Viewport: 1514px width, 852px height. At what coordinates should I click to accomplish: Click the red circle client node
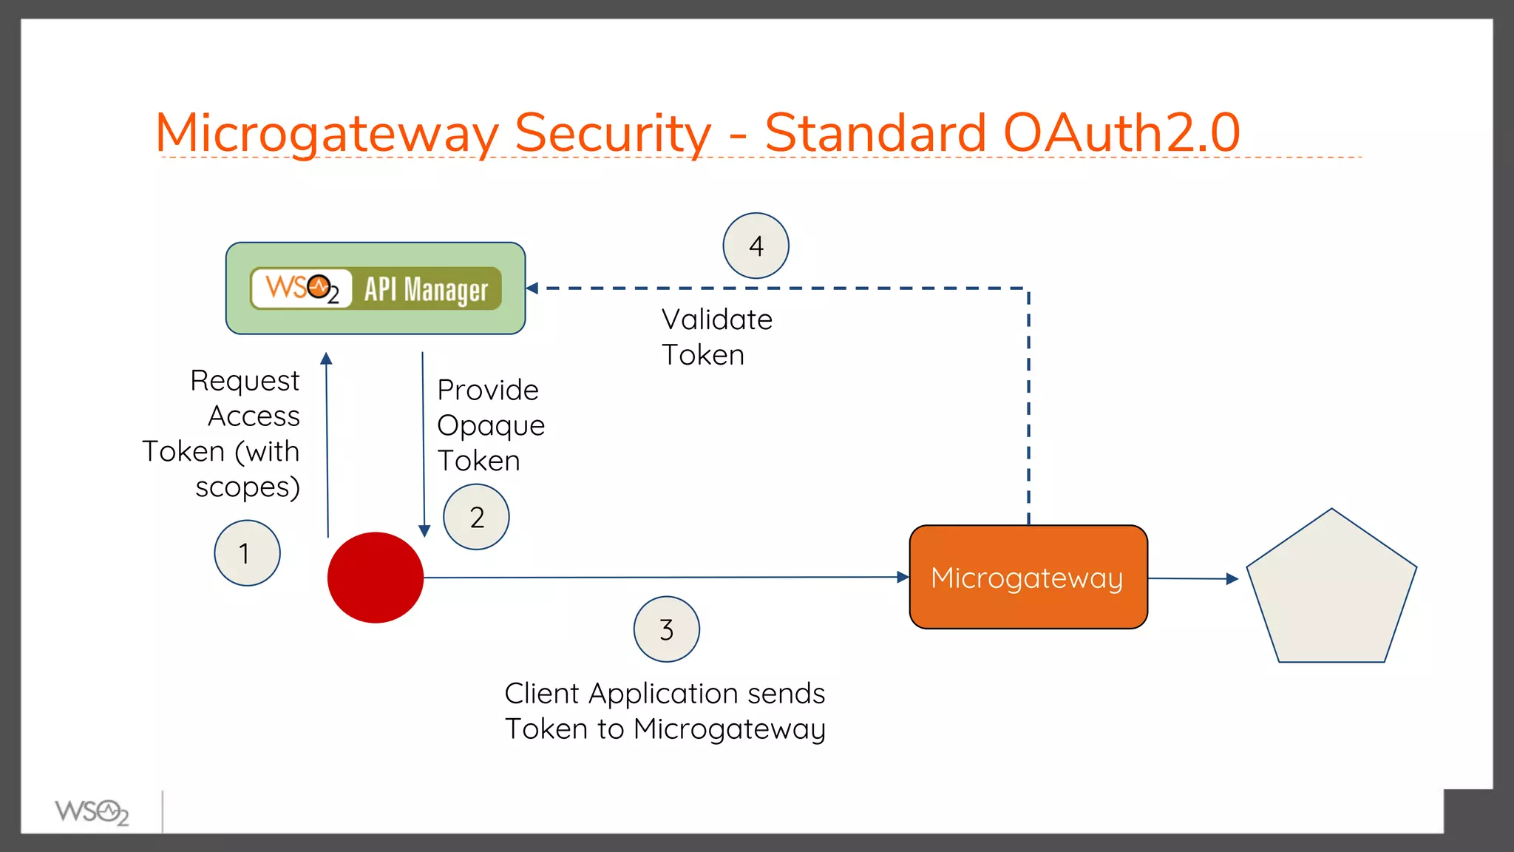(376, 578)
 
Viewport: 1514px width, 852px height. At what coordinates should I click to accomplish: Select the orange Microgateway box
(1028, 578)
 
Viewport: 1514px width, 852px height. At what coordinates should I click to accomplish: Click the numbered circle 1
(247, 553)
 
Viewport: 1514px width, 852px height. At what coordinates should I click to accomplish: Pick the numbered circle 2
(476, 517)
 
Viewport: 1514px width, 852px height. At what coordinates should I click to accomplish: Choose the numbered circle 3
(666, 629)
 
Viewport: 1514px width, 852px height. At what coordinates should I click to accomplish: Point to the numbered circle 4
(756, 246)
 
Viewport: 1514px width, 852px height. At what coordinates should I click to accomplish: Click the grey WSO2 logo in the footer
(92, 812)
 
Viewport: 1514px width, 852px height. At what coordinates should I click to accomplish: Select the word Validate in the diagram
(716, 319)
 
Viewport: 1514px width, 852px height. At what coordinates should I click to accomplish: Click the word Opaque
(491, 426)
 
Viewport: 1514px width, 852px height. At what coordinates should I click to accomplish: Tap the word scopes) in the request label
(248, 487)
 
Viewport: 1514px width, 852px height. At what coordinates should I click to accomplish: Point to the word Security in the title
(612, 133)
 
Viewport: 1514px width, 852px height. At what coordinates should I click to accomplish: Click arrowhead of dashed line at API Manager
(532, 288)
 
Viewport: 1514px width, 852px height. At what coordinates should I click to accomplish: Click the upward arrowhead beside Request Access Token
(326, 359)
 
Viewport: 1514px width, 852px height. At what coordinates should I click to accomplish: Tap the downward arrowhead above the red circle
(424, 531)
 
